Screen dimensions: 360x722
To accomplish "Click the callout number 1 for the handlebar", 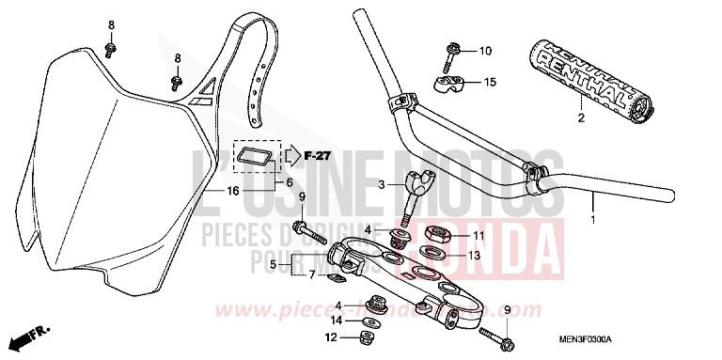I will pyautogui.click(x=592, y=222).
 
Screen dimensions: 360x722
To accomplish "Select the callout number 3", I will pyautogui.click(x=381, y=185).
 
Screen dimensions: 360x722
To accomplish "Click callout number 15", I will pyautogui.click(x=489, y=83).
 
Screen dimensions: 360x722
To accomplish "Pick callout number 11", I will pyautogui.click(x=478, y=235).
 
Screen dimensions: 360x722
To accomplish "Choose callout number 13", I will pyautogui.click(x=476, y=254).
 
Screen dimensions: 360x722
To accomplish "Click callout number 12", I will pyautogui.click(x=330, y=337).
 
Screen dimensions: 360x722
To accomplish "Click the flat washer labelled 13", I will pyautogui.click(x=432, y=252).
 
